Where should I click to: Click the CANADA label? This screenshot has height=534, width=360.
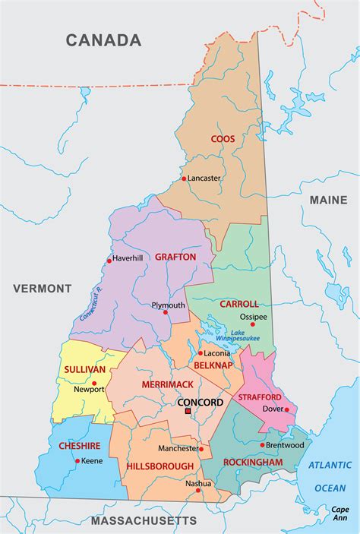[103, 40]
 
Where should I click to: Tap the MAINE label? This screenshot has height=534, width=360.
[328, 199]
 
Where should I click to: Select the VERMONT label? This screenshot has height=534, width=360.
[42, 289]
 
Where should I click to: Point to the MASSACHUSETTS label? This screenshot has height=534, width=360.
[144, 520]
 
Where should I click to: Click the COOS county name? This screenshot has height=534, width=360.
[223, 139]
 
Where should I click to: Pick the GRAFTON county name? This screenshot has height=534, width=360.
[175, 257]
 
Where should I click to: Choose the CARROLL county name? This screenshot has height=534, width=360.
[239, 303]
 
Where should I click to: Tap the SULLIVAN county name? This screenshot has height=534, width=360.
[84, 369]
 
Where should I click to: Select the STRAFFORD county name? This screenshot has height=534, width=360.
[260, 397]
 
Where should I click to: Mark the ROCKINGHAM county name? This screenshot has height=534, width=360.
[253, 462]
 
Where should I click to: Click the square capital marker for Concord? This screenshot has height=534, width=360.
[188, 411]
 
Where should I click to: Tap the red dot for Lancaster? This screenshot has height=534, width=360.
[184, 179]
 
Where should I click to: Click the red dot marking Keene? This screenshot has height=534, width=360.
[77, 460]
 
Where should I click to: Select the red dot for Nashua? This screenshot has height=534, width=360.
[198, 490]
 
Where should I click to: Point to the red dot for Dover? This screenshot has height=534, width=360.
[286, 409]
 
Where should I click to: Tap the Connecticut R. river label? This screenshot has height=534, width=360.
[89, 304]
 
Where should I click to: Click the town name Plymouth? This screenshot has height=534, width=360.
[168, 305]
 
